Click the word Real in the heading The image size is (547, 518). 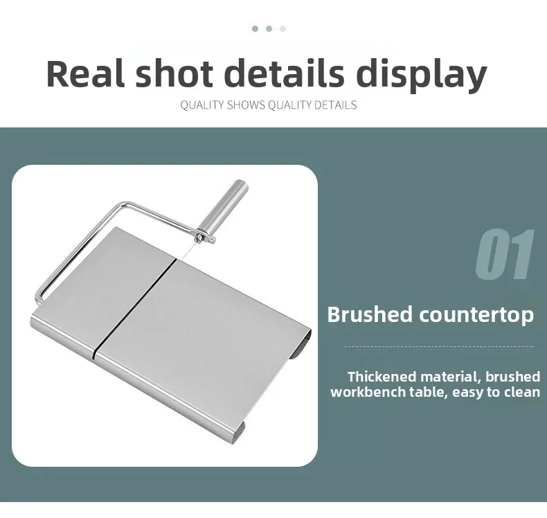(85, 73)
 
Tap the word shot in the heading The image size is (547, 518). (174, 73)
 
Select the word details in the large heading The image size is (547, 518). (284, 73)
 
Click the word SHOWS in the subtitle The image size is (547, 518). (246, 105)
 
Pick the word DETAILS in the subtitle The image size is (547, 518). (336, 105)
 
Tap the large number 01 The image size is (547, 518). (505, 254)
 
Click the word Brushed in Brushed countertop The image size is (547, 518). (370, 314)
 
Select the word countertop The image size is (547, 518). (476, 314)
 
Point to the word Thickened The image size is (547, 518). (382, 377)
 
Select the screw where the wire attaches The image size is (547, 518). (199, 238)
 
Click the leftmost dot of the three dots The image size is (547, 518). (255, 28)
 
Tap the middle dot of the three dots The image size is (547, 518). (269, 28)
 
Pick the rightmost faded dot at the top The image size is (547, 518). (283, 28)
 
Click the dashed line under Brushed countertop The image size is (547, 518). (439, 347)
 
